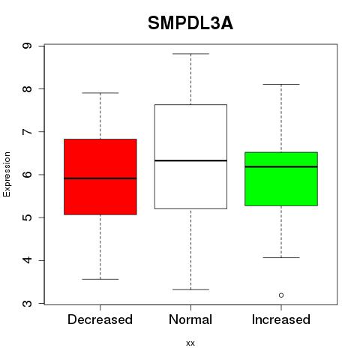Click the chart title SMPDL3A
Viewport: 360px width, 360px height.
tap(190, 23)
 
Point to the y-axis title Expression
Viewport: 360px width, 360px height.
tap(7, 174)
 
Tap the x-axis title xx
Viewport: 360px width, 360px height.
tap(190, 343)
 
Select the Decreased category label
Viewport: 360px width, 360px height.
tap(100, 319)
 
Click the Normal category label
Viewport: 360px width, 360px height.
tap(190, 319)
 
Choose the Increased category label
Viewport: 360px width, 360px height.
tap(281, 319)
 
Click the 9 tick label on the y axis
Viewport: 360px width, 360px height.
tap(28, 46)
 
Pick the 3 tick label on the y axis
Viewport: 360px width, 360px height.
tap(28, 304)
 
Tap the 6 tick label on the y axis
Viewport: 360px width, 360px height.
tap(28, 175)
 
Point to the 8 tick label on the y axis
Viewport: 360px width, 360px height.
tap(28, 88)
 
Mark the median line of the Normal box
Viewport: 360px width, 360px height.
tap(190, 160)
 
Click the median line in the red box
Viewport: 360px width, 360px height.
tap(100, 178)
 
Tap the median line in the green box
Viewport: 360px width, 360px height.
tap(281, 166)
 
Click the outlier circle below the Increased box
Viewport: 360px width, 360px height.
tap(281, 295)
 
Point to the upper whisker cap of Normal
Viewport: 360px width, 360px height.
tap(190, 54)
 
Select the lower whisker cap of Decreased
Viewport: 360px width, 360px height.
tap(100, 279)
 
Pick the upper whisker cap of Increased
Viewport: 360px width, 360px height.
tap(281, 85)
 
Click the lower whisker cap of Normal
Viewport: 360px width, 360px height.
tap(190, 289)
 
